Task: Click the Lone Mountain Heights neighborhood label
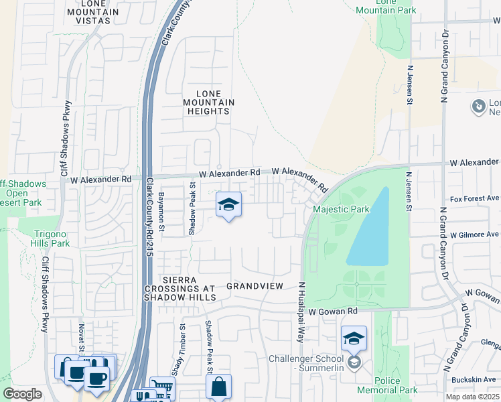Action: (x=208, y=102)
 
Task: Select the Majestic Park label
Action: (x=341, y=210)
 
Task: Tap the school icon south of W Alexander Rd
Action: (x=228, y=205)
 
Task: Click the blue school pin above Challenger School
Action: (x=354, y=339)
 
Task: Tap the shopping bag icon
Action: (x=218, y=387)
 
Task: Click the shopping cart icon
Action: (x=161, y=388)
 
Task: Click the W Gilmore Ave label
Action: (x=474, y=235)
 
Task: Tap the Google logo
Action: (x=22, y=394)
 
